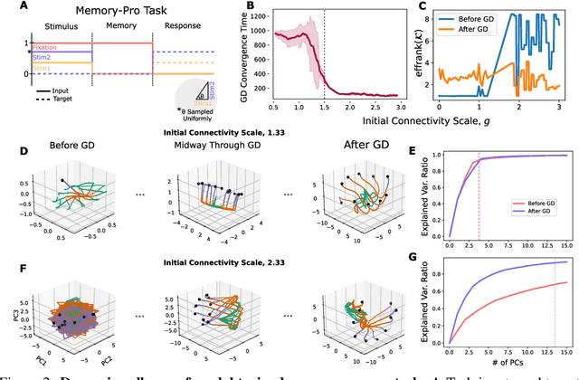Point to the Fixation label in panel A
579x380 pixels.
[46, 47]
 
